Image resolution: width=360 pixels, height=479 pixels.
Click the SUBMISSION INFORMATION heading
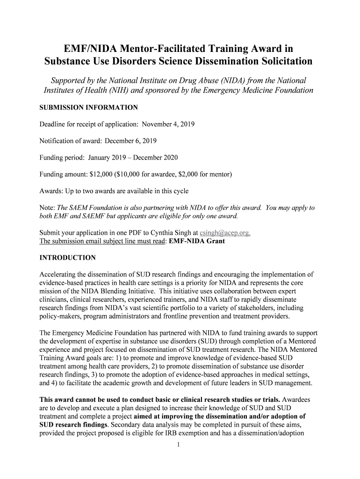point(88,108)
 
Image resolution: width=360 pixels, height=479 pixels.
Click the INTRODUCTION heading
point(67,258)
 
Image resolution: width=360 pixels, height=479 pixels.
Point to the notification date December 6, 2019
point(130,141)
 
